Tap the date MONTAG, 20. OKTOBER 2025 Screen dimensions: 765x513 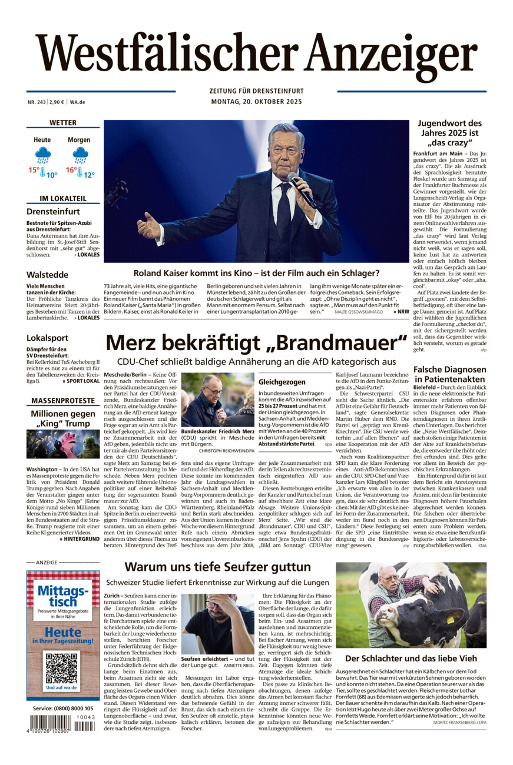click(256, 102)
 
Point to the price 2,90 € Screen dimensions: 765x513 click(57, 102)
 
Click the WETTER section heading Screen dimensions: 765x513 click(63, 123)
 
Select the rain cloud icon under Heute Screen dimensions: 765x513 click(42, 155)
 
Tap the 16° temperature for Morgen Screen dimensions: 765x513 click(71, 170)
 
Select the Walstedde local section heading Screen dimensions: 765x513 click(47, 275)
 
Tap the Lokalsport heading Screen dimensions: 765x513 click(47, 338)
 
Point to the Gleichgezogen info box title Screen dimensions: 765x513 click(282, 382)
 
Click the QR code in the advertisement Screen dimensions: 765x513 click(62, 669)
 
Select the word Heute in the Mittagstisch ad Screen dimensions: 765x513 click(63, 631)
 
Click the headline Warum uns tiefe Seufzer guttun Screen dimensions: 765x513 click(217, 567)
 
